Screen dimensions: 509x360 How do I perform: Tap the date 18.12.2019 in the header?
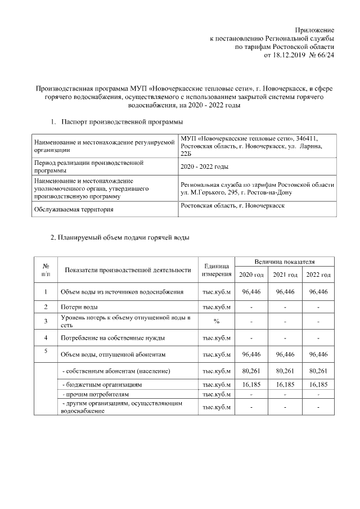(x=287, y=56)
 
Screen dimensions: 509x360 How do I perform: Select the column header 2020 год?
(x=251, y=274)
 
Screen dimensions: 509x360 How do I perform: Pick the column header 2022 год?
(x=318, y=274)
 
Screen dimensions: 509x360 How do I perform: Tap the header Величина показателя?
(x=284, y=262)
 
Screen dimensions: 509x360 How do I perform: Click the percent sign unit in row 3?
(x=217, y=321)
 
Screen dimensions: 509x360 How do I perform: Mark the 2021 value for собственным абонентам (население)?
(x=285, y=371)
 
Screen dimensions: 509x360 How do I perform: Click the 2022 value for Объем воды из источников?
(x=318, y=292)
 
